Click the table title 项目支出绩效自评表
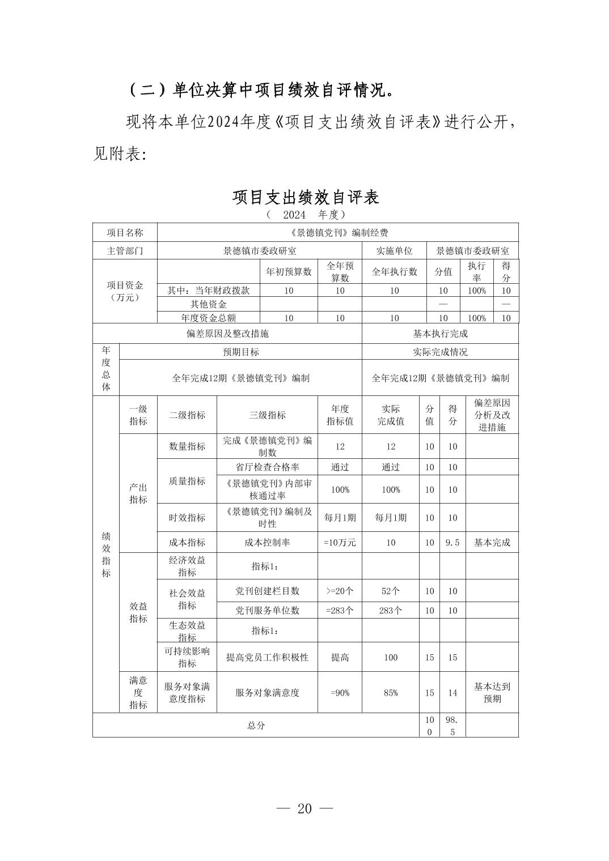(306, 197)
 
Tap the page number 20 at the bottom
(304, 808)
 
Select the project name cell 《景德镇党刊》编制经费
(338, 233)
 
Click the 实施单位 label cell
(394, 250)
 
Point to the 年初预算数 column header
(289, 271)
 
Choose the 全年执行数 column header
(394, 271)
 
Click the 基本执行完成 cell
(440, 334)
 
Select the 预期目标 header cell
(240, 352)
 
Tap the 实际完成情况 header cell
(440, 352)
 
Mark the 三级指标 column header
(267, 415)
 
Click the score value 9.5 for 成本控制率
(452, 542)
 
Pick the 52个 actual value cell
(391, 591)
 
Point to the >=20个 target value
(340, 591)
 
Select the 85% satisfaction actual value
(391, 692)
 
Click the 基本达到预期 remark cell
(492, 692)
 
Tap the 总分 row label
(256, 725)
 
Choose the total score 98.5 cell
(452, 725)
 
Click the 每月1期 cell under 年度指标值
(340, 518)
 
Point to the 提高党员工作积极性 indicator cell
(267, 657)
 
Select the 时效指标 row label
(187, 518)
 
